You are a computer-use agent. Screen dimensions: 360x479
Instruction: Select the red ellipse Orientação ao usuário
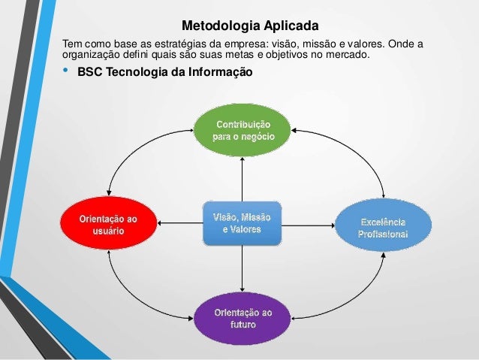pyautogui.click(x=108, y=223)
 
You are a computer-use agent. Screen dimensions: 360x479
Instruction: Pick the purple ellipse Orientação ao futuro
pyautogui.click(x=243, y=318)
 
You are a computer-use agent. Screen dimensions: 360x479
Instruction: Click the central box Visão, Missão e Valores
pyautogui.click(x=242, y=222)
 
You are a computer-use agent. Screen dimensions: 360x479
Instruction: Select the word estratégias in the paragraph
pyautogui.click(x=166, y=43)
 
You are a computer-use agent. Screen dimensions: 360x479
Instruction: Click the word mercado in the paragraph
pyautogui.click(x=351, y=54)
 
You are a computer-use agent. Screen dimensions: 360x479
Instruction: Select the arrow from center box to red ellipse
pyautogui.click(x=180, y=222)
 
